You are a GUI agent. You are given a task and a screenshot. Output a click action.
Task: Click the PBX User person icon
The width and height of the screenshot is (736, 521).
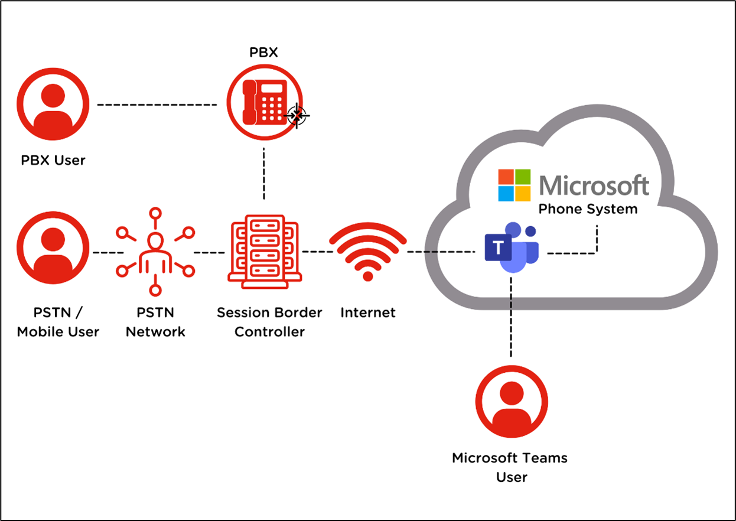(x=53, y=105)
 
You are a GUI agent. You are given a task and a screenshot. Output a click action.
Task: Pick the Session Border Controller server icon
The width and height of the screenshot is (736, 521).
(x=263, y=252)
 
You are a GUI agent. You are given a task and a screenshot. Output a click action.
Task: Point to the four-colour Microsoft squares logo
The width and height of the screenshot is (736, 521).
(x=514, y=185)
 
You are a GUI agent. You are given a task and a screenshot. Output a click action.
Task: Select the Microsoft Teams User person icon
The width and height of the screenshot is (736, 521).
(x=512, y=402)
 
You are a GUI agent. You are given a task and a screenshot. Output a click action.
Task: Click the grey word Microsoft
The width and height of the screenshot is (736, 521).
(x=594, y=185)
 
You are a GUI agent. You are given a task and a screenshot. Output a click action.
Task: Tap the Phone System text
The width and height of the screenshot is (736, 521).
(x=588, y=209)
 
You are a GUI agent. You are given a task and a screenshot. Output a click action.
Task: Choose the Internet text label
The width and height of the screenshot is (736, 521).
(x=367, y=312)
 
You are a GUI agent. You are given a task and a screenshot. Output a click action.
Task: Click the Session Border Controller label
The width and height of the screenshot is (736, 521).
(x=269, y=322)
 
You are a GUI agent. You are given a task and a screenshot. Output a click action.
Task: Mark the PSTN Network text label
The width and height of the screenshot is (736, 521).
(x=155, y=322)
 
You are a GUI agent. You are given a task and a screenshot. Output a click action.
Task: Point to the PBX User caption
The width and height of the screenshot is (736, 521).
(x=53, y=160)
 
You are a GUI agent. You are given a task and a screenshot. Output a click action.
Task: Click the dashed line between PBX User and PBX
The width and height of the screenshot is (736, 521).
(x=157, y=105)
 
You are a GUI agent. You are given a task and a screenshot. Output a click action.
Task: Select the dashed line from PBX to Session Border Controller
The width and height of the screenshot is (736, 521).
(x=263, y=174)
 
